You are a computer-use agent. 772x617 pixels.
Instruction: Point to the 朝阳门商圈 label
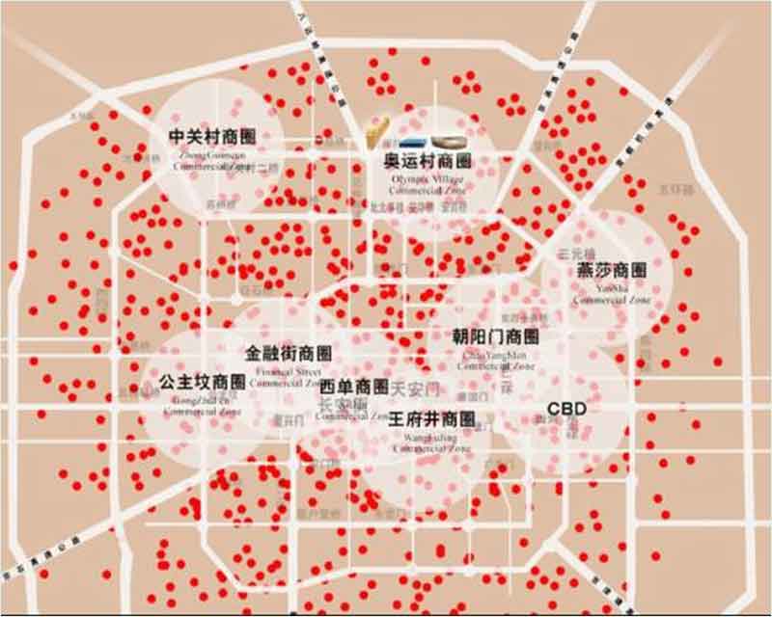click(x=495, y=336)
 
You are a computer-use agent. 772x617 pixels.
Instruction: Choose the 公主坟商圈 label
click(x=203, y=381)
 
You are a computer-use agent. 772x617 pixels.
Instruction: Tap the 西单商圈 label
click(x=354, y=387)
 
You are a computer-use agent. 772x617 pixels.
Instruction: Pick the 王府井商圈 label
click(x=432, y=419)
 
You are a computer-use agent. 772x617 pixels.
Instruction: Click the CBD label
click(x=566, y=408)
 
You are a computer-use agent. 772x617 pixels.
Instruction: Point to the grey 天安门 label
click(x=416, y=388)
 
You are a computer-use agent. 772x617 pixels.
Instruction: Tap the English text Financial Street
click(x=289, y=370)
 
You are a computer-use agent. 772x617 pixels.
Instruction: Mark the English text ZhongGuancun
click(x=212, y=153)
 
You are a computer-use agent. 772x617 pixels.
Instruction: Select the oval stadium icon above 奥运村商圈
click(x=449, y=141)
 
